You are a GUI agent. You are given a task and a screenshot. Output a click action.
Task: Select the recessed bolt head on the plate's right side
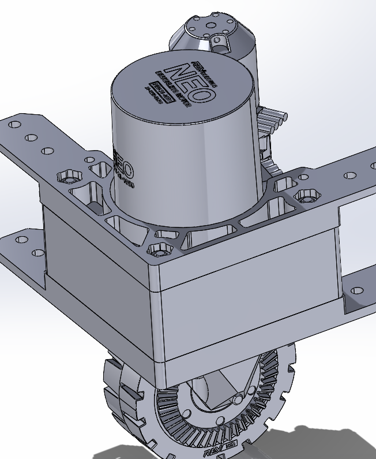(306, 196)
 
